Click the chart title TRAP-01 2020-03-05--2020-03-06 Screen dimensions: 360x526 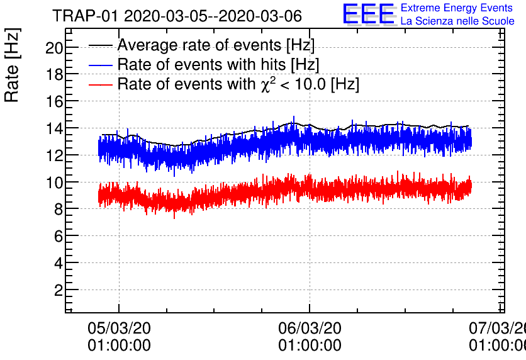(x=177, y=15)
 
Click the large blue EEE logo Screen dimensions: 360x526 (x=369, y=14)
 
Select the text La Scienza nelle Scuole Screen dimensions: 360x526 (x=457, y=21)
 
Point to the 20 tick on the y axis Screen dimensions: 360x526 (x=53, y=48)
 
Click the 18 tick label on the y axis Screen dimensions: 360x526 (x=53, y=75)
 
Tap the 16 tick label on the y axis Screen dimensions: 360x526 (x=53, y=102)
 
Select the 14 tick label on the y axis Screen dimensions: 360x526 (x=53, y=128)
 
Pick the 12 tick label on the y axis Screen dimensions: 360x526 (x=53, y=155)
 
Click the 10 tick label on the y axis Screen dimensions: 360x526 (x=53, y=183)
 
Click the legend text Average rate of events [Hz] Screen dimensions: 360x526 (x=216, y=45)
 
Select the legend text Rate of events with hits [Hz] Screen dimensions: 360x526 (x=218, y=65)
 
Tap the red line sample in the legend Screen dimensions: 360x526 (x=101, y=84)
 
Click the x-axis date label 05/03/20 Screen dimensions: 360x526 (x=119, y=328)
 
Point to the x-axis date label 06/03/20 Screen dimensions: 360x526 (x=310, y=328)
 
